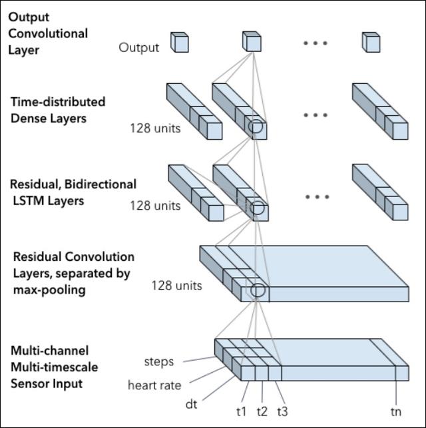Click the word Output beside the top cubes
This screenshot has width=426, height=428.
coord(139,47)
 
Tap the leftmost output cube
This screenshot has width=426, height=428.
coord(180,43)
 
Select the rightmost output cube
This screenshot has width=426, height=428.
coord(371,43)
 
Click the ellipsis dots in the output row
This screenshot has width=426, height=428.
coord(315,43)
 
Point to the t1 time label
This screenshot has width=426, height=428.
coord(241,411)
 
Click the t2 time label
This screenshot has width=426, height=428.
coord(263,411)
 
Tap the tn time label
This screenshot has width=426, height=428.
coord(396,411)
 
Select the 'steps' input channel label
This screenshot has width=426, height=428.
coord(159,362)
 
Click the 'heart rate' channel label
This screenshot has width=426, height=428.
coord(154,385)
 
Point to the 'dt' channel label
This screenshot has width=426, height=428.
coord(192,403)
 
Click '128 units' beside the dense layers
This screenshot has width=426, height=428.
coord(155,128)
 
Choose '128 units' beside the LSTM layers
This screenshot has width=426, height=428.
coord(155,206)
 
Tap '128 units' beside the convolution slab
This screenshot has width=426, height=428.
coord(176,286)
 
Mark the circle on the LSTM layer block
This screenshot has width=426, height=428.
coord(256,209)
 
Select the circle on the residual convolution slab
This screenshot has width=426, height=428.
coord(257,291)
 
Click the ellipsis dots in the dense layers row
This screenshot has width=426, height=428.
coord(315,115)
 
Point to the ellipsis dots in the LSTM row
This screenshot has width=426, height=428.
coord(318,197)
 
